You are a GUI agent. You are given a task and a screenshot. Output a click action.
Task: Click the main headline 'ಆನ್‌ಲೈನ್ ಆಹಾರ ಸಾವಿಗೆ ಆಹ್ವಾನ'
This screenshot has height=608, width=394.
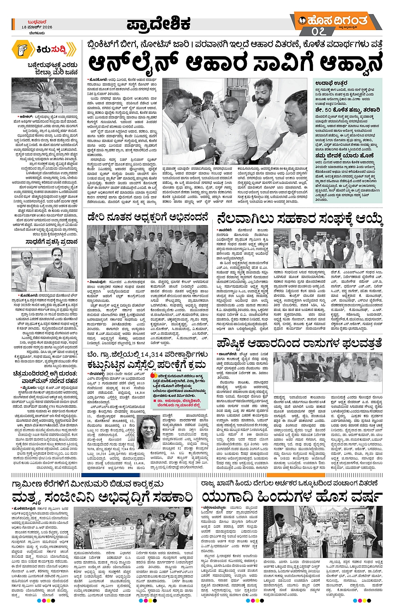click(x=235, y=63)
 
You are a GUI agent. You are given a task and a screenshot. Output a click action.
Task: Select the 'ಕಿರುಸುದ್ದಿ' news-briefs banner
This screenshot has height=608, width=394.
click(x=44, y=50)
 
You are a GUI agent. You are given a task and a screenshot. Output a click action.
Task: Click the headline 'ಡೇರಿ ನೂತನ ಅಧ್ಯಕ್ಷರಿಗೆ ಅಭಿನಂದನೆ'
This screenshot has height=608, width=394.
click(x=148, y=217)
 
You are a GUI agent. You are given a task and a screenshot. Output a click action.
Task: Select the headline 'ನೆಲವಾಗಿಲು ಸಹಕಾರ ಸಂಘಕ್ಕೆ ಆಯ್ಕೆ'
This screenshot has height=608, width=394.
click(x=299, y=219)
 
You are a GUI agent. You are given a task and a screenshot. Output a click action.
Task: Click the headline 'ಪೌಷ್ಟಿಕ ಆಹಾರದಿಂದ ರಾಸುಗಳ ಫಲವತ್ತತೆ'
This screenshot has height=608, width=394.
click(x=299, y=343)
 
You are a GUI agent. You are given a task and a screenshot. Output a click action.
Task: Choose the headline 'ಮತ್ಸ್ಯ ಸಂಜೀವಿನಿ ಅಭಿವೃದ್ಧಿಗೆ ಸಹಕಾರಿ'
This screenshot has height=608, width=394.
click(x=102, y=497)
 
